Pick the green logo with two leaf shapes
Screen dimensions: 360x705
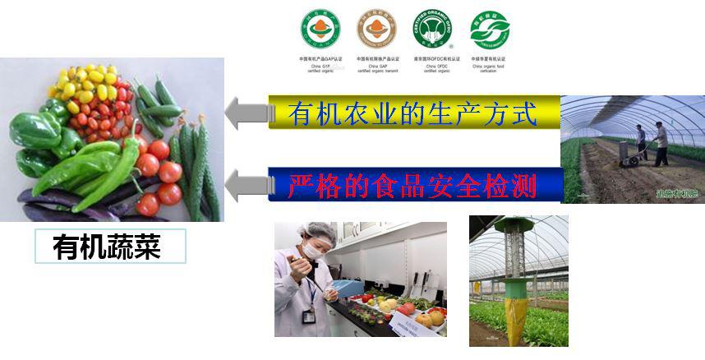coord(490,30)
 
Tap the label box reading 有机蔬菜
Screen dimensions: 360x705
coord(110,246)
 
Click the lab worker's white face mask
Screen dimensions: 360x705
coord(311,250)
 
